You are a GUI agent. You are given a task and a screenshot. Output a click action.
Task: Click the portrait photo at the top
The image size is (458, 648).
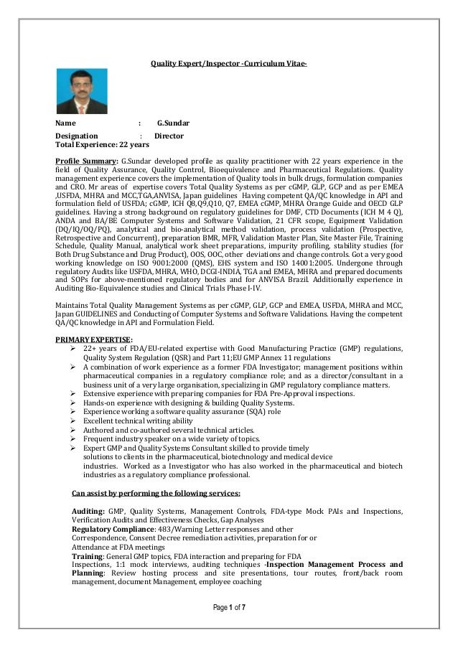point(82,91)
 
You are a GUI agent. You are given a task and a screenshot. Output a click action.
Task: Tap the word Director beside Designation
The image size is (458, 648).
point(169,135)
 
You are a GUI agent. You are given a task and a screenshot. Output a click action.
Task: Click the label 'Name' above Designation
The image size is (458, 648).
point(66,123)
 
